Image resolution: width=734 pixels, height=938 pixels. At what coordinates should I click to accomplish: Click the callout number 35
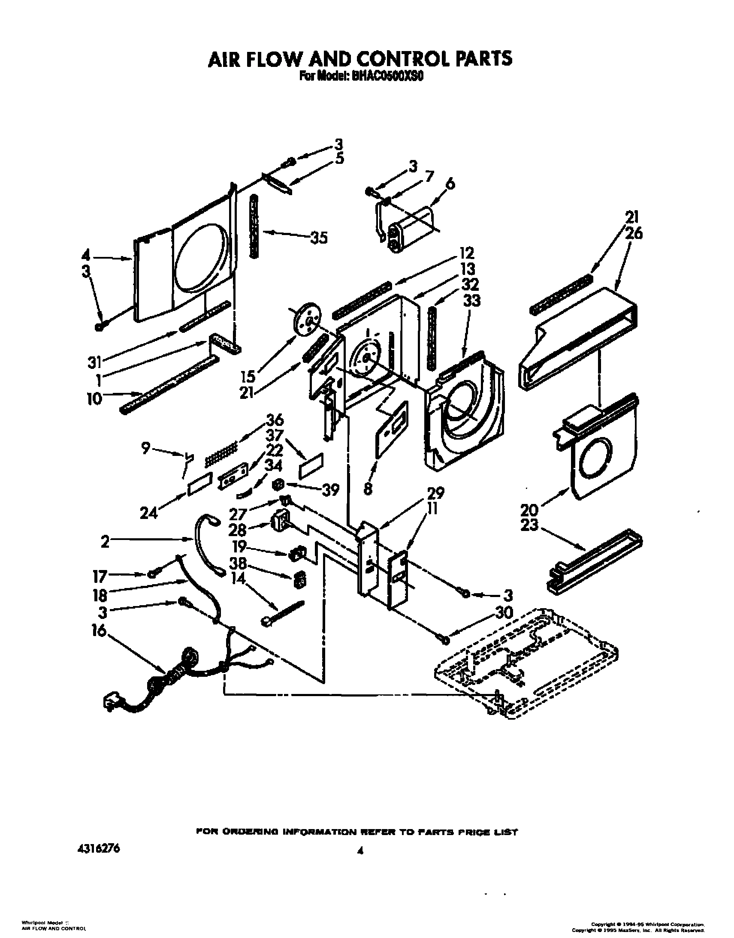click(x=318, y=238)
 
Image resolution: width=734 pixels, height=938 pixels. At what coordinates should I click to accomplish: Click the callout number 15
click(x=248, y=377)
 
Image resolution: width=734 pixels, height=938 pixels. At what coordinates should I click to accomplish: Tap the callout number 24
click(x=149, y=513)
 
